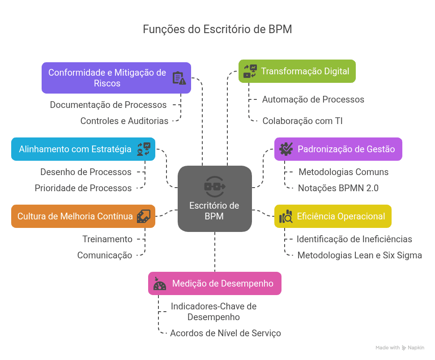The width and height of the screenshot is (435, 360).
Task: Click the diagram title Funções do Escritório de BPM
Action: click(217, 30)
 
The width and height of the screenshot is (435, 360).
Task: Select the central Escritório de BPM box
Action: click(215, 199)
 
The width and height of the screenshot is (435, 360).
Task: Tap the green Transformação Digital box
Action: click(297, 71)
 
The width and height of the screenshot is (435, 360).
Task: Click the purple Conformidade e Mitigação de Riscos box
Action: click(116, 78)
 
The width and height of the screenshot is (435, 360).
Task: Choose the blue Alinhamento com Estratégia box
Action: click(83, 149)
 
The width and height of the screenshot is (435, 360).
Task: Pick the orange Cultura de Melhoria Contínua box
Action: click(83, 216)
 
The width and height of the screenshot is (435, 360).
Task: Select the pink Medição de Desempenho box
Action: click(215, 283)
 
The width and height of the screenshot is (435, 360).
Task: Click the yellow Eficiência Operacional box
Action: click(333, 216)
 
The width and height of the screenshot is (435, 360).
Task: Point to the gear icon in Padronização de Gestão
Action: click(286, 149)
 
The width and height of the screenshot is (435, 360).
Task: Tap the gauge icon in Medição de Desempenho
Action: click(160, 284)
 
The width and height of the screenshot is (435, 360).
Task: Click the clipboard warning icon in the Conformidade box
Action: click(179, 78)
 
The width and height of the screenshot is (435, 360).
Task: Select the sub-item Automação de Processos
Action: click(313, 99)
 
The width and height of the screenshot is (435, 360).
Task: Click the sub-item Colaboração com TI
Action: click(303, 120)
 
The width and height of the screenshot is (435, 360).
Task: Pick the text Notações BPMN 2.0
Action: click(338, 188)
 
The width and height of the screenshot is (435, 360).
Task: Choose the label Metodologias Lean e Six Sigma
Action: click(360, 255)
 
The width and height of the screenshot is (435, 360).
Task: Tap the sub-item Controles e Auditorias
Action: click(124, 120)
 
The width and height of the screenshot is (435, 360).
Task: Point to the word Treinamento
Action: click(107, 239)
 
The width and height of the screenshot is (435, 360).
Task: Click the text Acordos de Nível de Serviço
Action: click(226, 333)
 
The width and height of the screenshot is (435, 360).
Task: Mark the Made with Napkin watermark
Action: click(400, 347)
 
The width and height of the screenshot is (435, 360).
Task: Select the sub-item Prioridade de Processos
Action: click(83, 188)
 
